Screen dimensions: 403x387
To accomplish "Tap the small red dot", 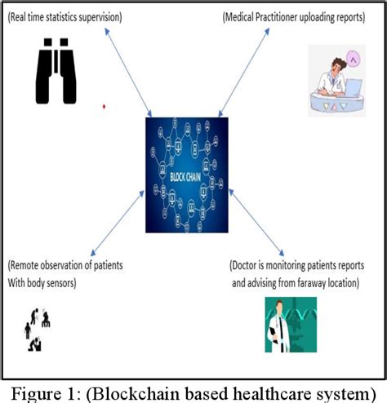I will (x=104, y=106).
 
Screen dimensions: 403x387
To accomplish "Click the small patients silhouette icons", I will (x=38, y=329).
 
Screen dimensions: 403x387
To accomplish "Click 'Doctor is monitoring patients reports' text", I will (x=297, y=266).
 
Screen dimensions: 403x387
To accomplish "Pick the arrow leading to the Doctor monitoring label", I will (x=256, y=221).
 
